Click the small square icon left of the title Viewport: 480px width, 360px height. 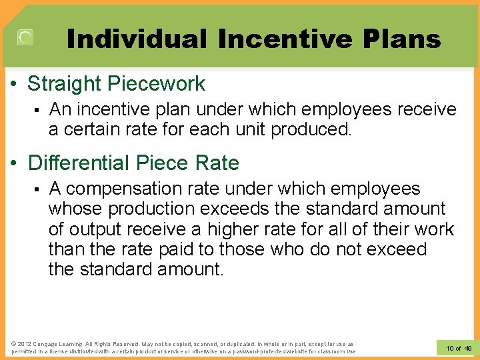coord(25,38)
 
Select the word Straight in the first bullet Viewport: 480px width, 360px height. coord(71,84)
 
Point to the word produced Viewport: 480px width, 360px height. coord(311,129)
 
